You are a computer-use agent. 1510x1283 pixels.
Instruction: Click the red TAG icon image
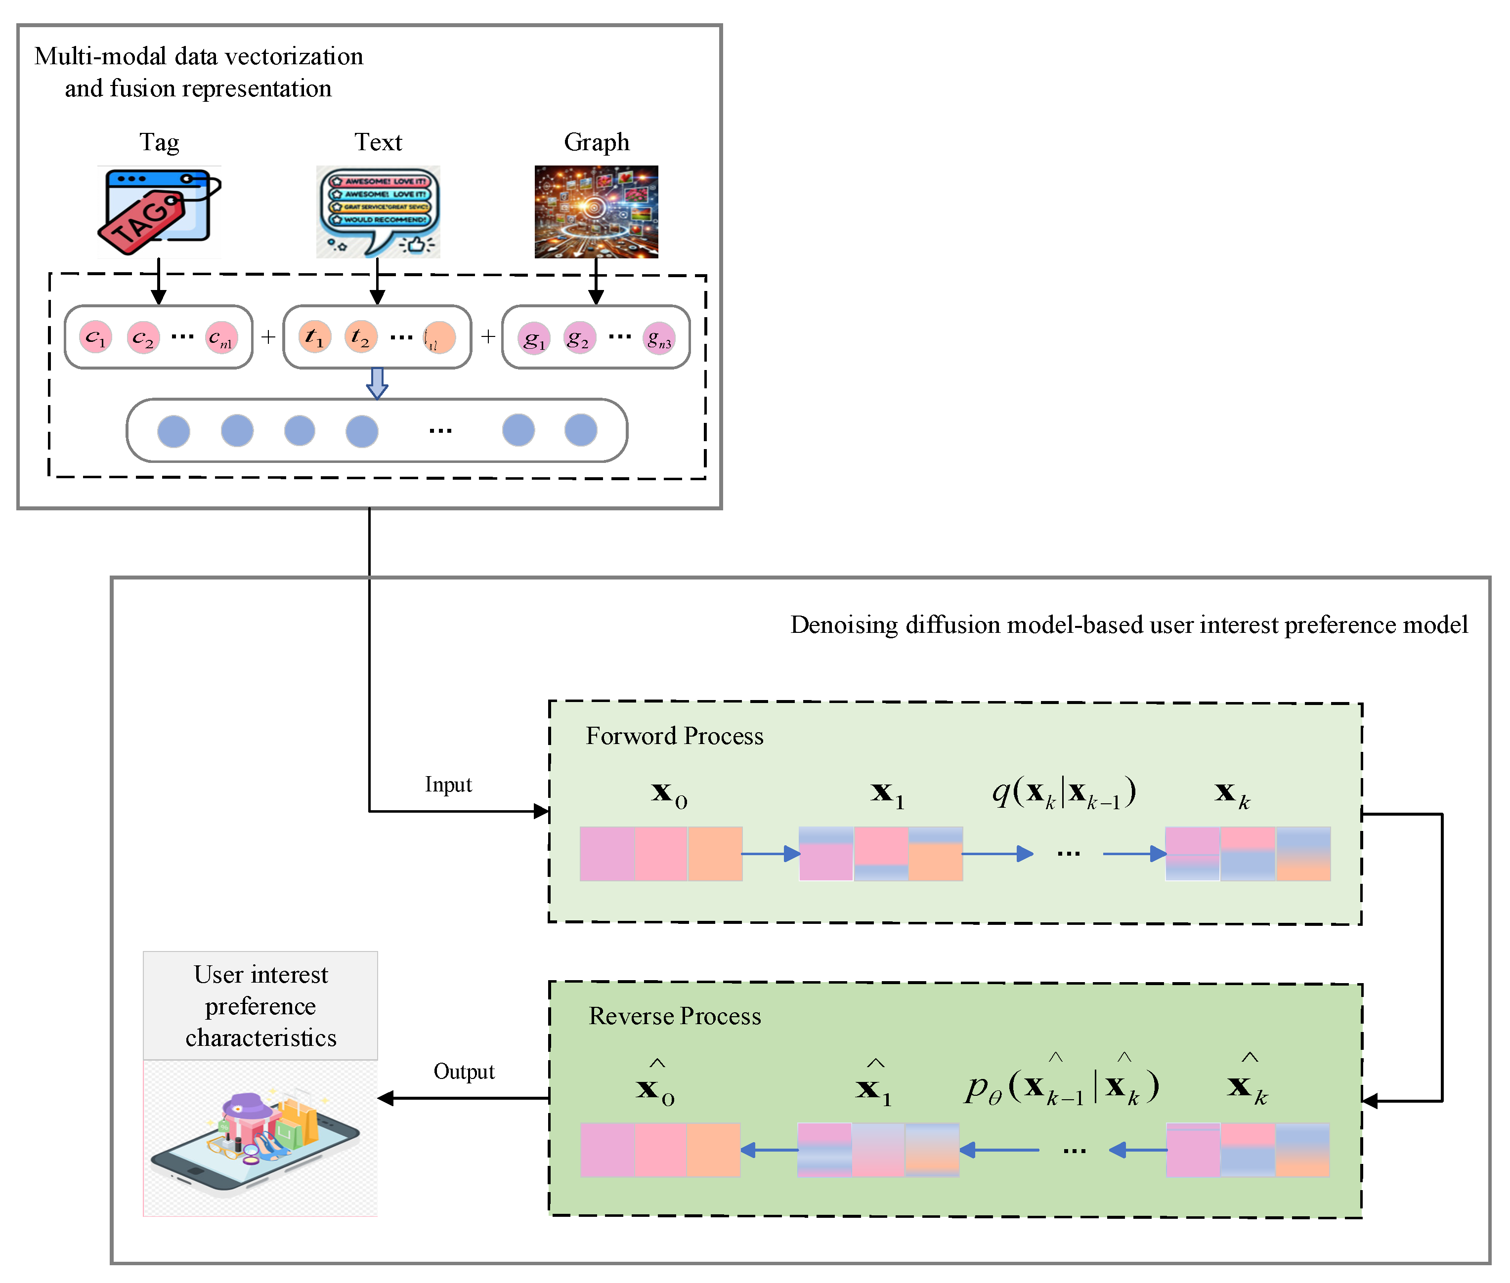point(159,211)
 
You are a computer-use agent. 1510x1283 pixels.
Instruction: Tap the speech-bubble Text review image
point(378,211)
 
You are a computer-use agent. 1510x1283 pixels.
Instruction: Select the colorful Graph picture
point(596,211)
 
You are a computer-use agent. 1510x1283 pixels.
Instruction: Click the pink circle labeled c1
point(96,337)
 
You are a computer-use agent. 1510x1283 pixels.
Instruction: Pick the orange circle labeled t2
point(360,337)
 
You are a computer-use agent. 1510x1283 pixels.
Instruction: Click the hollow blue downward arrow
point(376,382)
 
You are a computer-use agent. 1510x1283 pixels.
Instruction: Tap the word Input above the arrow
point(448,785)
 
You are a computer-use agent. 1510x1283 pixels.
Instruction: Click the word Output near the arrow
point(464,1072)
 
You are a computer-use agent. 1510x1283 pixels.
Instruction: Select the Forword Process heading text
point(675,736)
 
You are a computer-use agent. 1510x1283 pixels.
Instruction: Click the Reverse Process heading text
point(675,1016)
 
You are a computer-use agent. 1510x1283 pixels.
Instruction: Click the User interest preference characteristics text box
point(260,1006)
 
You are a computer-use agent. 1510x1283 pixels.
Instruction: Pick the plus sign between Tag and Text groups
point(268,337)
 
